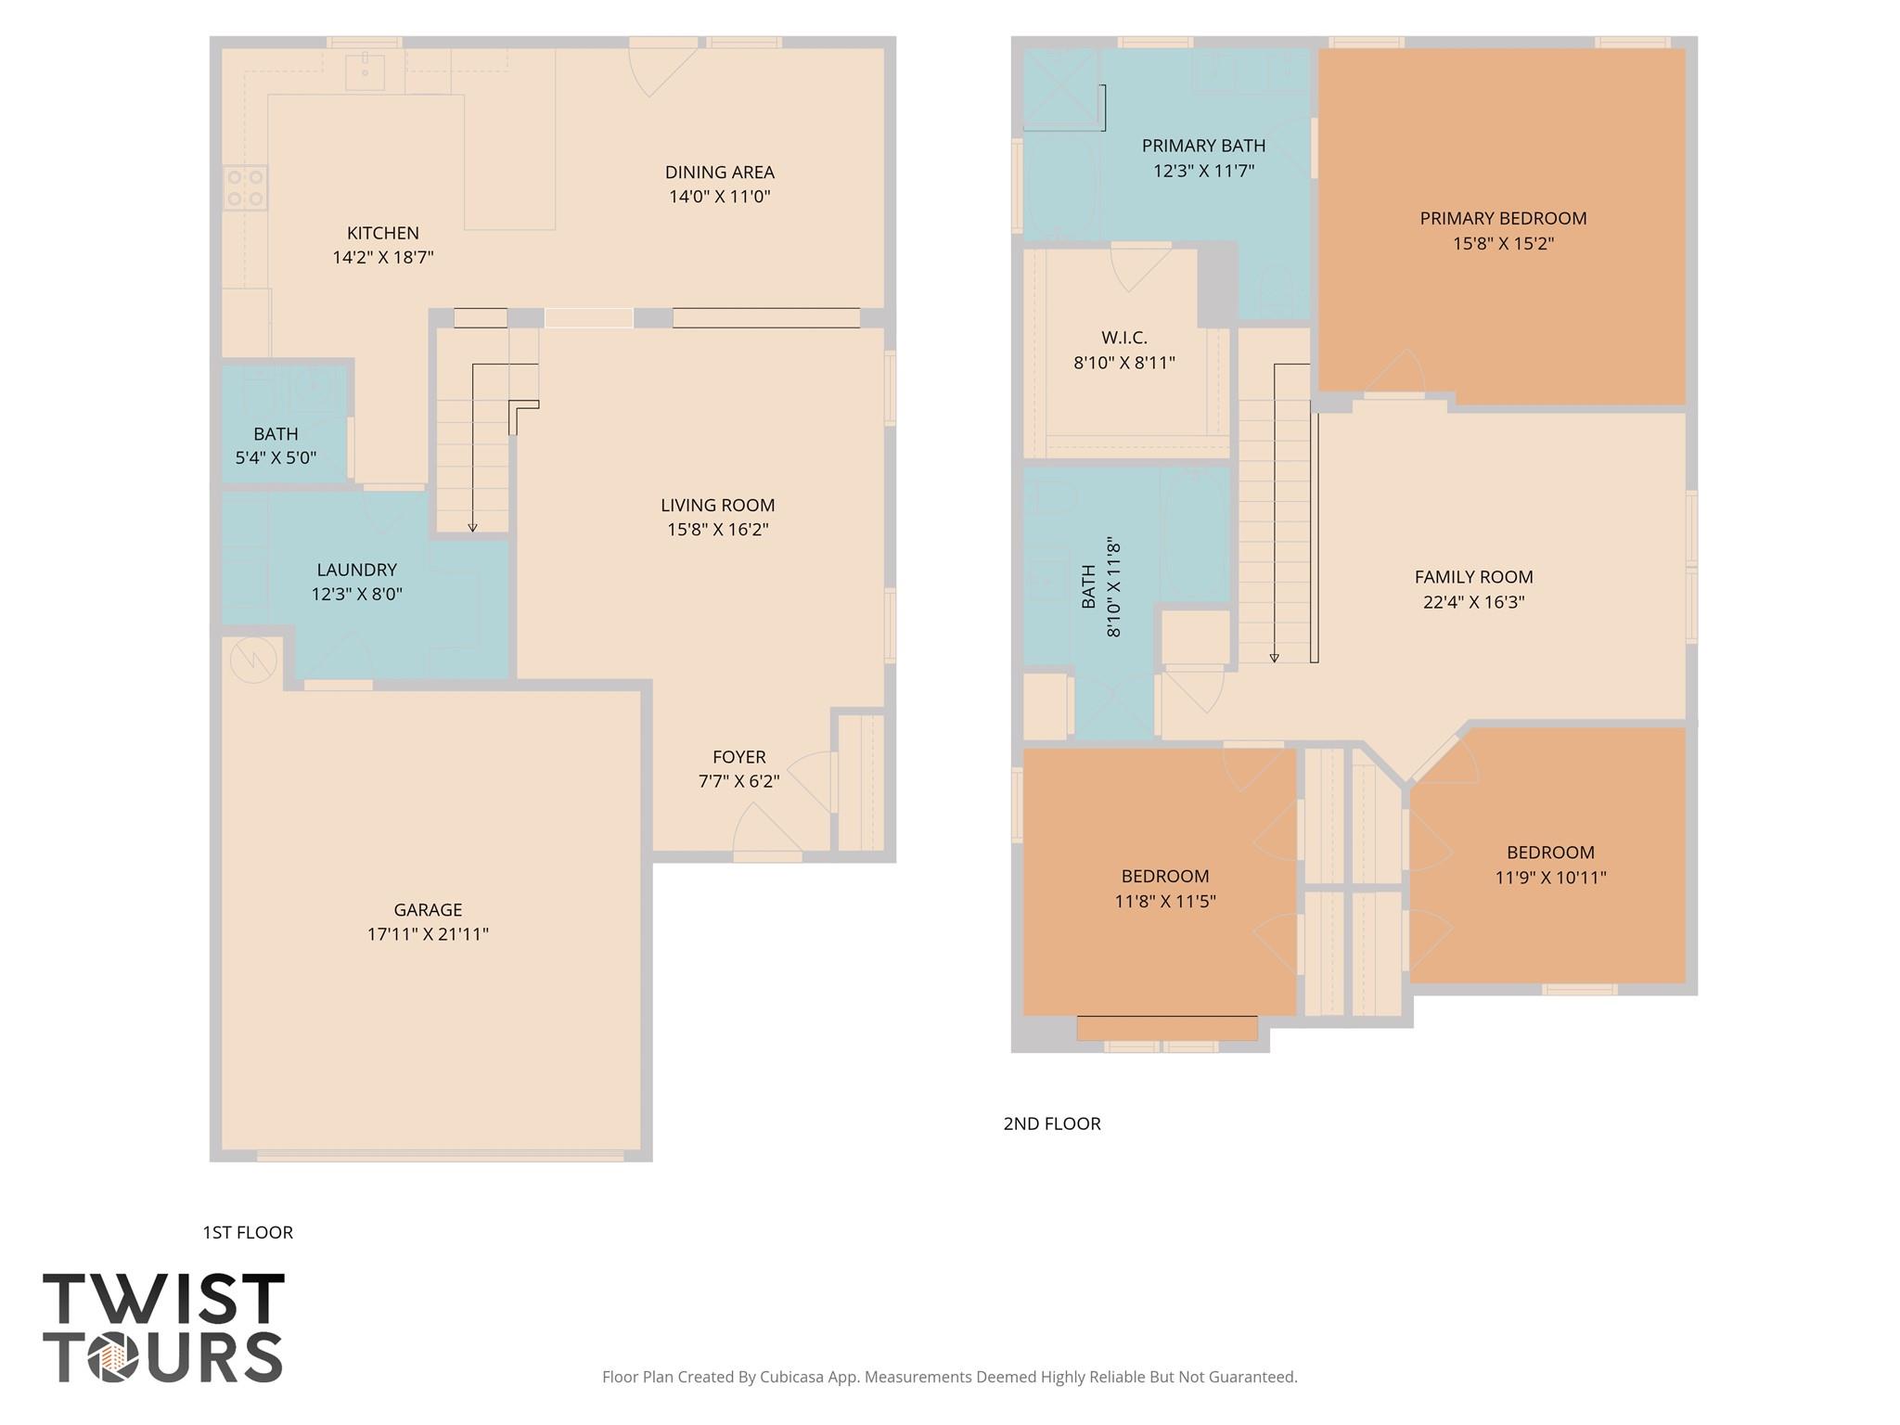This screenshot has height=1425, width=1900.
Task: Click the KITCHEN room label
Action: [382, 233]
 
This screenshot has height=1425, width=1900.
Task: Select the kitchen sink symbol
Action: [365, 71]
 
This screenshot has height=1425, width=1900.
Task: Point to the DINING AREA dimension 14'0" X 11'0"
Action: [719, 197]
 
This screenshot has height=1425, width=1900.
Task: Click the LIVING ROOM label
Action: [717, 505]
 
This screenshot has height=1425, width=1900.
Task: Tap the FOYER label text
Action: [738, 757]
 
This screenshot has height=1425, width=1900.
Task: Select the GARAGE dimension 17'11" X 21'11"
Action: [428, 934]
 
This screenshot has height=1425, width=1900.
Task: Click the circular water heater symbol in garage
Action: [253, 660]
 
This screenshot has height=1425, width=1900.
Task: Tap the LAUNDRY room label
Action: [356, 570]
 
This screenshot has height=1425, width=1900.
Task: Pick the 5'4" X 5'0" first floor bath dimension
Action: [276, 457]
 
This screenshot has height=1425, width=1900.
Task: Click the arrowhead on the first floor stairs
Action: [472, 527]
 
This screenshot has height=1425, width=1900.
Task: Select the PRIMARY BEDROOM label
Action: [1503, 218]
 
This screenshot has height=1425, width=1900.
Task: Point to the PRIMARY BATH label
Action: [1203, 146]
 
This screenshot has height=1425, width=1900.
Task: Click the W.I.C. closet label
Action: [1124, 338]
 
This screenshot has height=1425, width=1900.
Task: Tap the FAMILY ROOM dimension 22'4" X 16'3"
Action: [1473, 602]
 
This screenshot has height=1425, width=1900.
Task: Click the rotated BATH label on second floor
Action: [1089, 586]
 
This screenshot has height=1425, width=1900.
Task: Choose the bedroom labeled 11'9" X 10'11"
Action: [1550, 877]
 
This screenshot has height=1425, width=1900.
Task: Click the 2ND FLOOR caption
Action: [1051, 1123]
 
